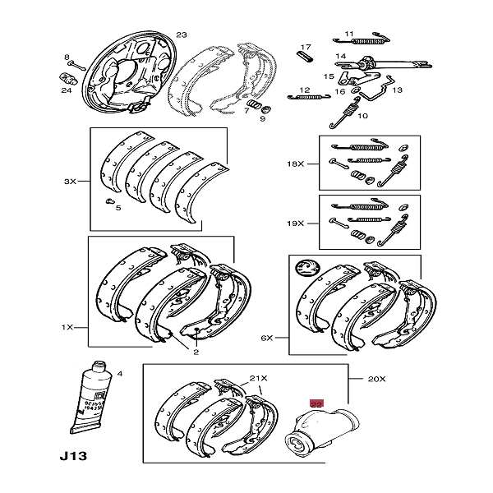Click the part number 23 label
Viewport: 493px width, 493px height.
coord(182,35)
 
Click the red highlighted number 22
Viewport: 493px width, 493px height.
coord(316,403)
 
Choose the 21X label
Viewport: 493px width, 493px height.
coord(259,378)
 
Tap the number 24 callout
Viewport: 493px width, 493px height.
coord(66,91)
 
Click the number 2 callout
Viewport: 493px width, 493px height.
coord(196,352)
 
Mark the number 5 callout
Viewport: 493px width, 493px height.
coord(117,209)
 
